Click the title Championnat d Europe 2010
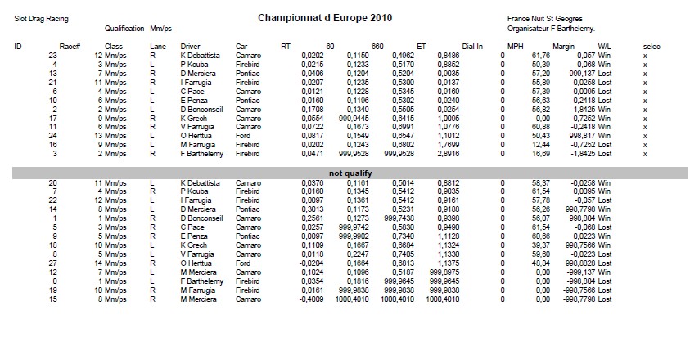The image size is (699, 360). [324, 17]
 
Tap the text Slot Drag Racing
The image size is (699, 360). [41, 18]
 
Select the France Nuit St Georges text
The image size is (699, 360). [544, 18]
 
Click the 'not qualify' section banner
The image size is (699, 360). [349, 173]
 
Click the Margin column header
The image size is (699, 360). [564, 46]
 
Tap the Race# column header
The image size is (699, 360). [70, 46]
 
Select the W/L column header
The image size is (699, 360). [606, 46]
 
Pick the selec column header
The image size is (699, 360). [652, 46]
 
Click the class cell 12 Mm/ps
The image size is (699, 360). [111, 56]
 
